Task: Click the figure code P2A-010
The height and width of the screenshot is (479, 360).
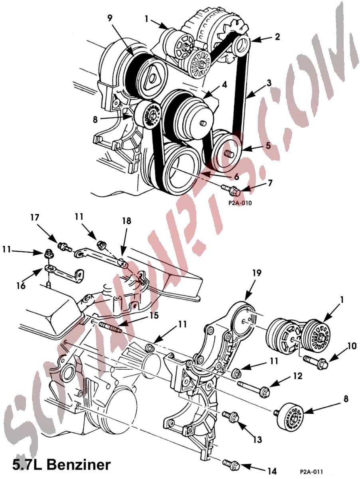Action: [240, 202]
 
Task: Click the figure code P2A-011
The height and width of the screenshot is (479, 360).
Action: [312, 471]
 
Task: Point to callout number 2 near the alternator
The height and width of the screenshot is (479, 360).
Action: [277, 37]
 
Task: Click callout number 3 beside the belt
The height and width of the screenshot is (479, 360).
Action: [269, 83]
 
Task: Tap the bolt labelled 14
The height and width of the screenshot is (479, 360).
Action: [231, 465]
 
